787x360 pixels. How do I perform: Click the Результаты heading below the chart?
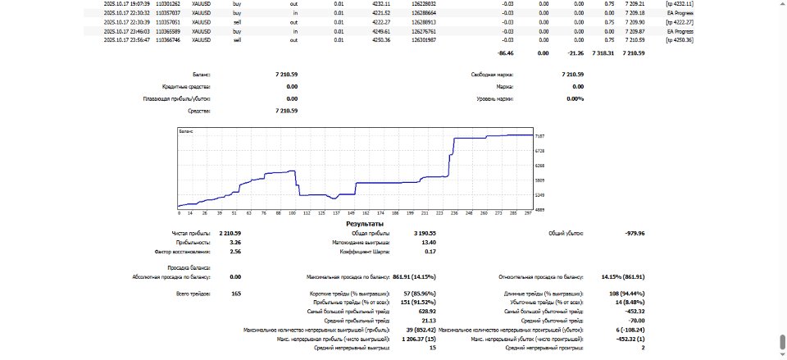pyautogui.click(x=365, y=223)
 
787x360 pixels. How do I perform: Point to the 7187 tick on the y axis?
pyautogui.click(x=540, y=135)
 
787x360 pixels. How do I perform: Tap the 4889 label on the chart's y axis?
pyautogui.click(x=540, y=210)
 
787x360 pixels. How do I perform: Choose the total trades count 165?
pyautogui.click(x=236, y=293)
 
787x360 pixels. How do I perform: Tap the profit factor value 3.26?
pyautogui.click(x=235, y=243)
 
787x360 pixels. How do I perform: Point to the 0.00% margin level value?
pyautogui.click(x=575, y=98)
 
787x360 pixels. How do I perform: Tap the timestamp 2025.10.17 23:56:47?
pyautogui.click(x=127, y=39)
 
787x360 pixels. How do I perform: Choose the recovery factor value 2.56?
pyautogui.click(x=235, y=252)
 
